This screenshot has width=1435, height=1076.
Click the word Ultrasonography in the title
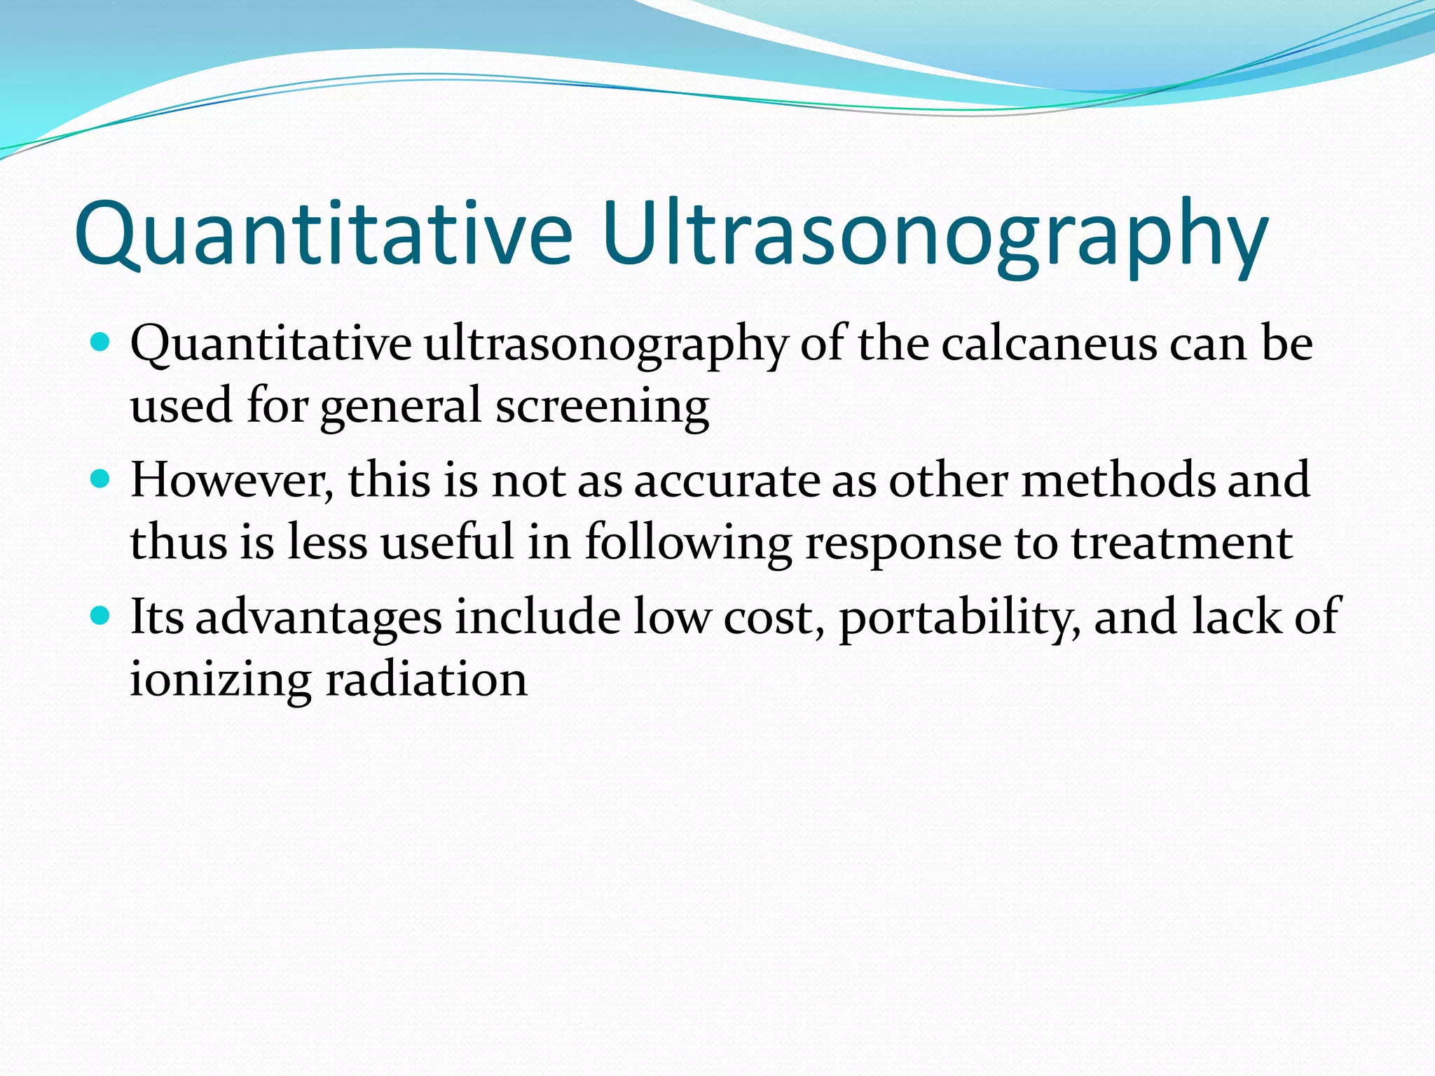coord(934,235)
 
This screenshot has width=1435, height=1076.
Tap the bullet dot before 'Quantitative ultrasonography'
coord(101,343)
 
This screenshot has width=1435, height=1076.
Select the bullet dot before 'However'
coord(101,479)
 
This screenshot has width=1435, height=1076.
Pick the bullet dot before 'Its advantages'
coord(101,616)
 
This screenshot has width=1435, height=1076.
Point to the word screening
coord(602,407)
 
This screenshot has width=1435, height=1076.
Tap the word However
coord(232,481)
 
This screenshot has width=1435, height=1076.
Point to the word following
coord(687,544)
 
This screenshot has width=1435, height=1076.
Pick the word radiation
coord(426,680)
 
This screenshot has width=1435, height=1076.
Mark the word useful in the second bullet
coord(447,544)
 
